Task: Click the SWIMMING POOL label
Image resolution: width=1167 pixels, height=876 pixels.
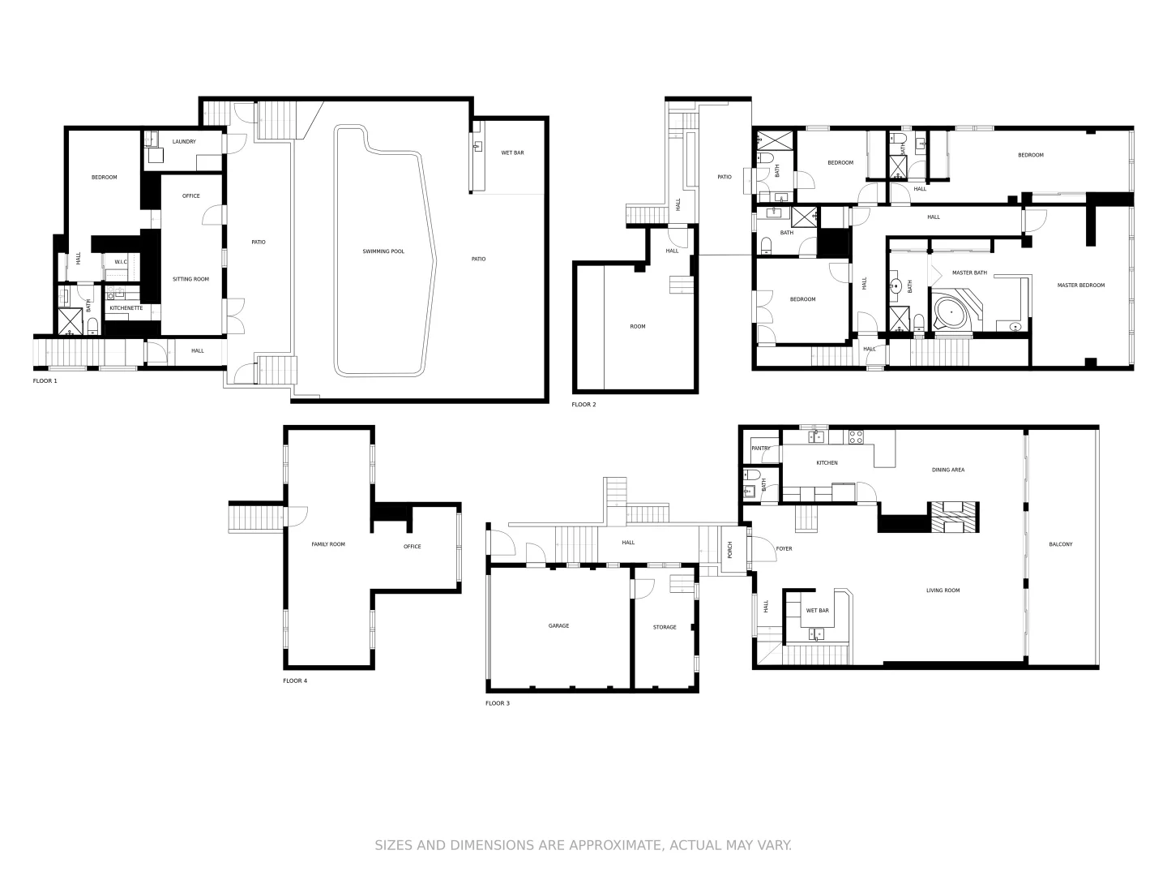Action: coord(383,251)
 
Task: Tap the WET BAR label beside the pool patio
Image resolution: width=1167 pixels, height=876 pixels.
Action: coord(512,152)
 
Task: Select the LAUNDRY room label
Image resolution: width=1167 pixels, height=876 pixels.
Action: coord(184,142)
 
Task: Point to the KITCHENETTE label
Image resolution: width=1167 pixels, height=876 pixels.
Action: coord(126,308)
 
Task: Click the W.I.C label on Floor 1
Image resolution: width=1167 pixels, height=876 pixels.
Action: coord(121,262)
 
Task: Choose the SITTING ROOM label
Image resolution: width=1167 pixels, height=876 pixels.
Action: coord(190,279)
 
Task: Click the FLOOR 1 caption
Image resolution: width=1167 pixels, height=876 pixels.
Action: coord(45,380)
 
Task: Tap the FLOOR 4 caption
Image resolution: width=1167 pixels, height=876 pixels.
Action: coord(295,681)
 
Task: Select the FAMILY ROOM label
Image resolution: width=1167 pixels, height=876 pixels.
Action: coord(328,544)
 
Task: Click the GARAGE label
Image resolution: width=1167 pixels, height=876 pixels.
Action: coord(558,625)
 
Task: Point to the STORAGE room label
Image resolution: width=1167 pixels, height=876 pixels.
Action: coord(665,627)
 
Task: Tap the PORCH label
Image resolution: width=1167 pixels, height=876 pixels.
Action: coord(729,549)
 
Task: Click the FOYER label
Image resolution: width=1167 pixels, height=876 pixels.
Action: coord(784,549)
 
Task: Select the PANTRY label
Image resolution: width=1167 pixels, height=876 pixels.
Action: coord(761,449)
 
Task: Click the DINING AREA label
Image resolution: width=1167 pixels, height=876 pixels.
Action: coord(948,470)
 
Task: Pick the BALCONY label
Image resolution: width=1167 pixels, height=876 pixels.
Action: coord(1060,544)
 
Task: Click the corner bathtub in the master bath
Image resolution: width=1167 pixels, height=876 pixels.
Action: coord(951,312)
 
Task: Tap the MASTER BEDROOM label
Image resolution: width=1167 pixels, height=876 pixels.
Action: coord(1080,286)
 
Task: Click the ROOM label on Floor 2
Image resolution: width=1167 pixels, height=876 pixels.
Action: coord(638,327)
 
